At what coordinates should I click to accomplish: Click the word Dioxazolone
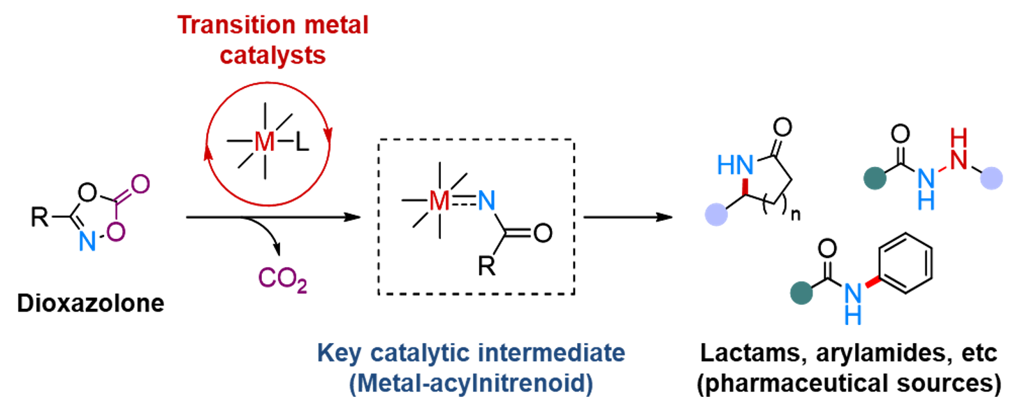pos(91,304)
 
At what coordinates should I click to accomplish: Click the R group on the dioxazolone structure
pos(39,218)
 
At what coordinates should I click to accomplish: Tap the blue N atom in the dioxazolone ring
pos(86,242)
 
